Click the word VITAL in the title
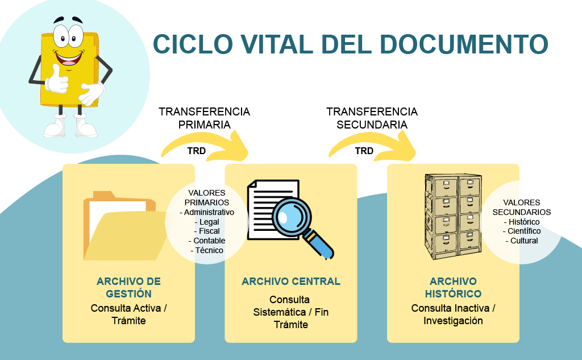268,44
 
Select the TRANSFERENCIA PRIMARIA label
204,118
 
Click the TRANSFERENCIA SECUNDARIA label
372,118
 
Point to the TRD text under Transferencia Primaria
196,151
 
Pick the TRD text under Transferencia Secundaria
364,151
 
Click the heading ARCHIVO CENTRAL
291,282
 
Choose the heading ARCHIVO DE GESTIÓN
128,288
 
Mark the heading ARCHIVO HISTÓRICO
453,288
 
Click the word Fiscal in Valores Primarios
209,231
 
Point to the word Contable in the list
209,241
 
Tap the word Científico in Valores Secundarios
524,231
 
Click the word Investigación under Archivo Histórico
453,321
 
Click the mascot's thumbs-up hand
57,80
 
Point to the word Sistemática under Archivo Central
278,312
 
